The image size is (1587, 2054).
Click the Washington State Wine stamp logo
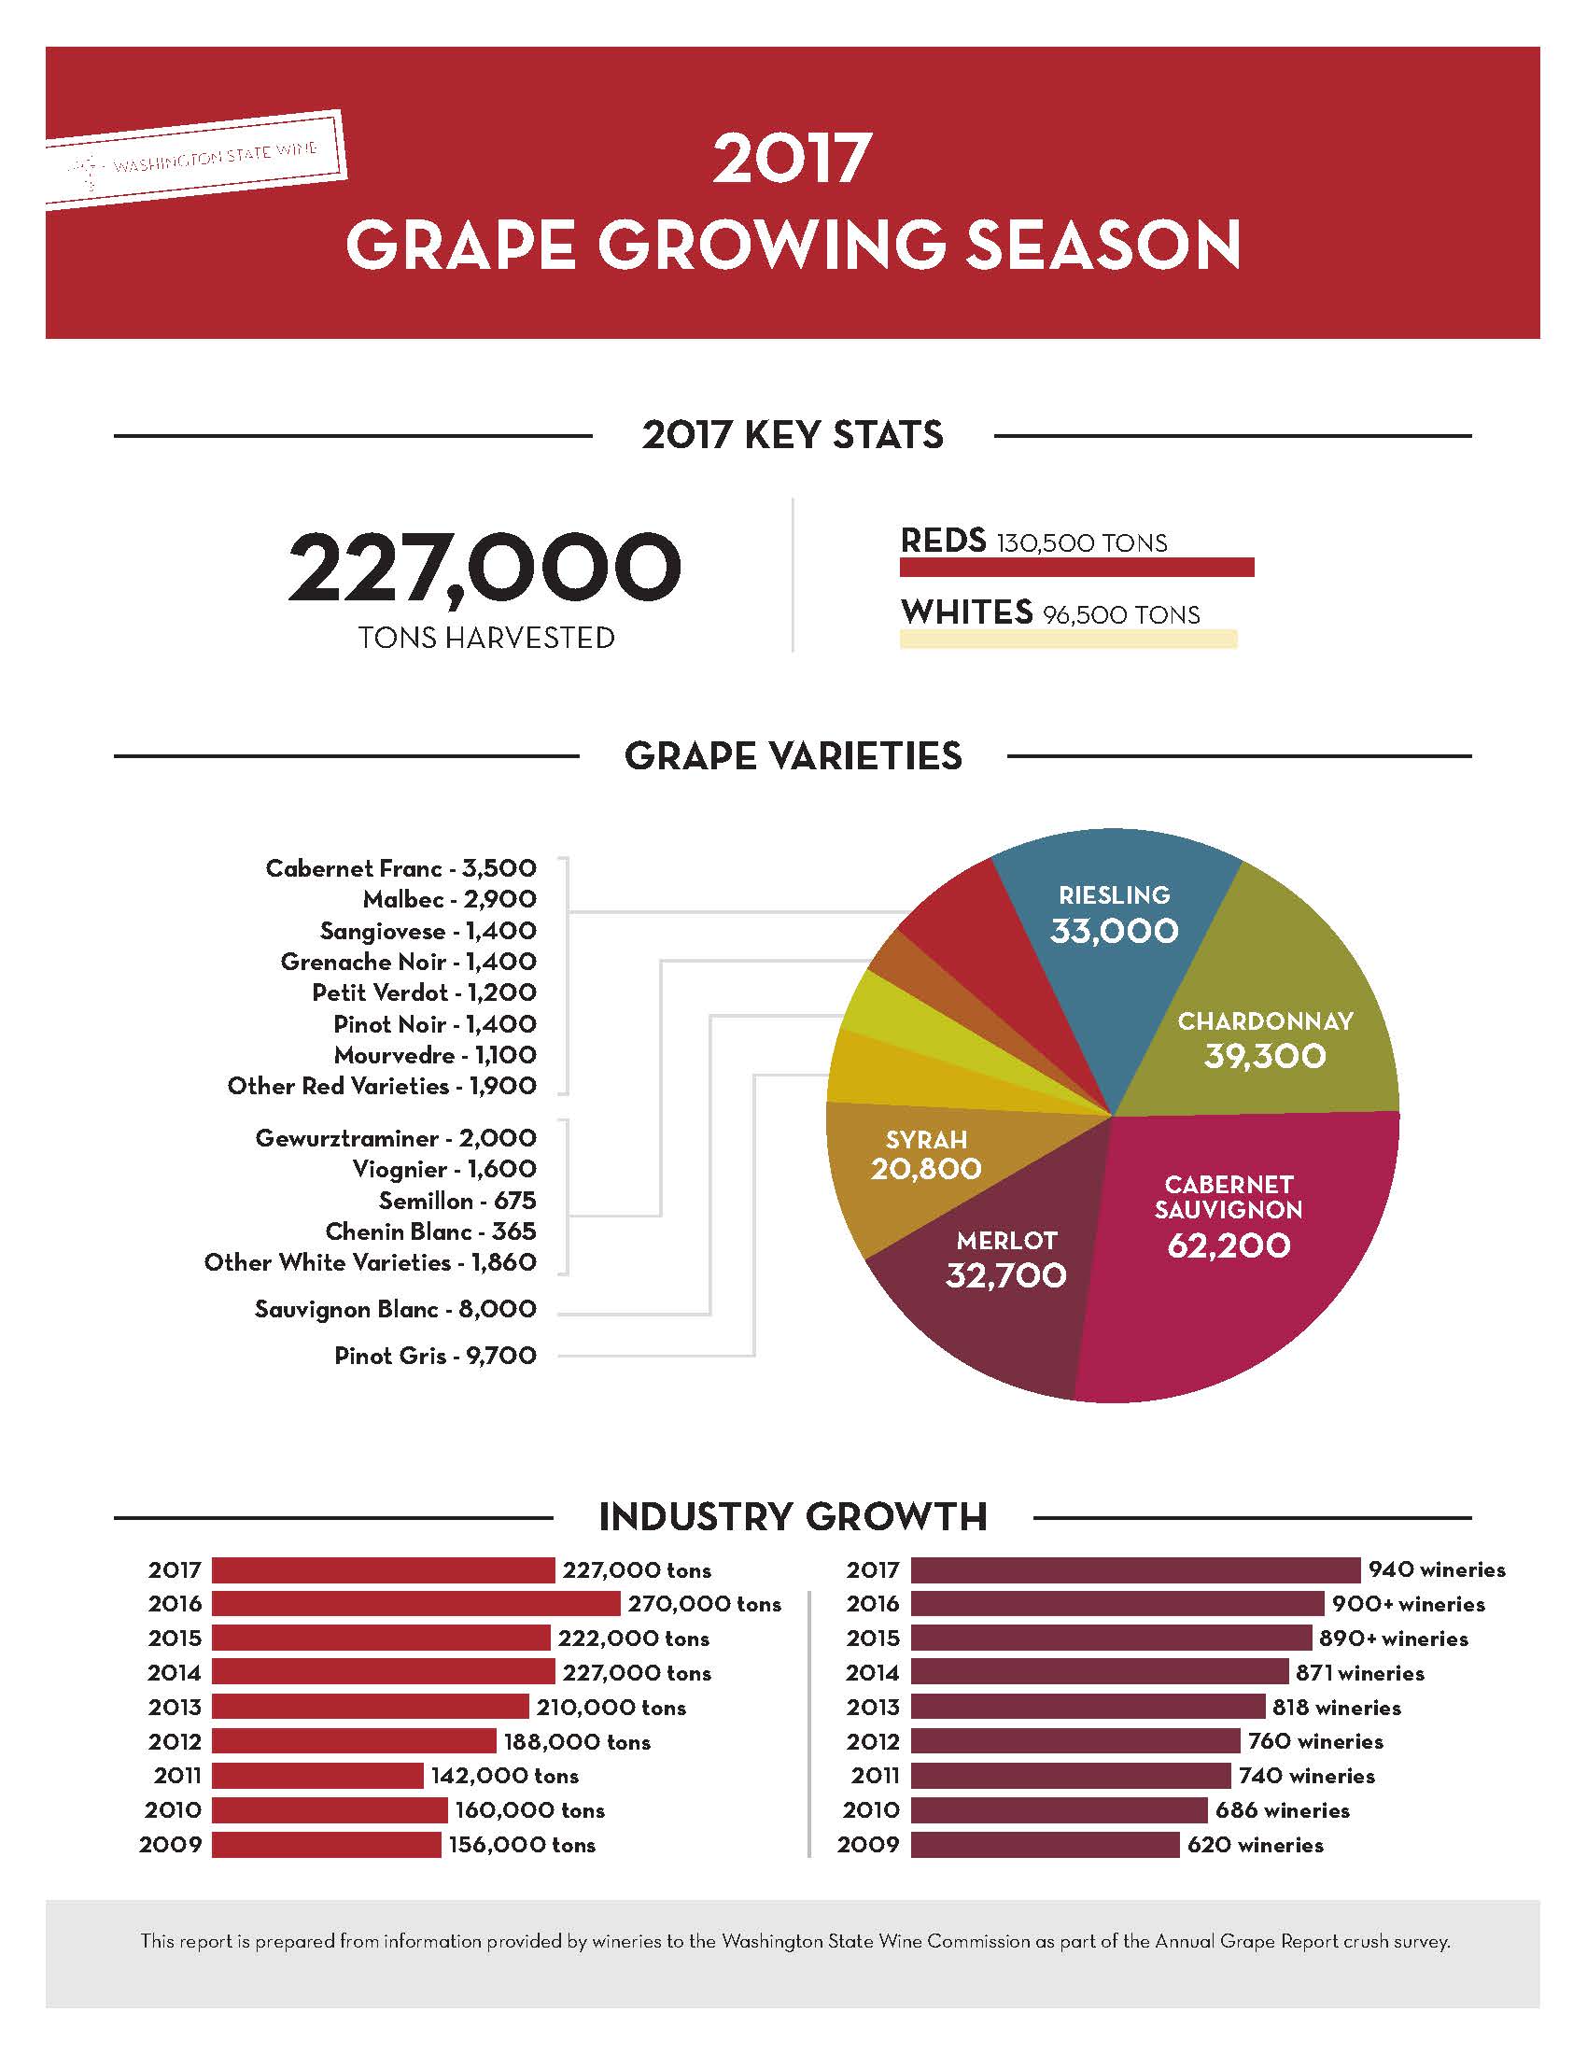coord(195,158)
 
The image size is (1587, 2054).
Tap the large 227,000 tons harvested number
coord(485,568)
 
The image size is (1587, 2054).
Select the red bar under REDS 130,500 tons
coord(1076,567)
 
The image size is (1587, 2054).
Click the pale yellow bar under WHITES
coord(1068,640)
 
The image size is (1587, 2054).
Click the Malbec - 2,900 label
coord(449,899)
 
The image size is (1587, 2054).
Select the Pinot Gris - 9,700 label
coord(435,1356)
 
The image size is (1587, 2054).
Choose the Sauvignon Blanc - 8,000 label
coord(395,1309)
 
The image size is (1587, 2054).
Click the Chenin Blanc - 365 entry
coord(430,1231)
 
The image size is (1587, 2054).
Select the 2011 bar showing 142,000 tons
coord(317,1776)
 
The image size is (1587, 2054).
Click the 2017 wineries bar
coord(1135,1569)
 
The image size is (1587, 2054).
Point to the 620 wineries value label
coord(1255,1844)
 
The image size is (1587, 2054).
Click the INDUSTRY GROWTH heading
coord(793,1517)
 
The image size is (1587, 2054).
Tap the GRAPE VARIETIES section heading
coord(793,756)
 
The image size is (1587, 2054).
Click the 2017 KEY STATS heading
coord(793,435)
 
